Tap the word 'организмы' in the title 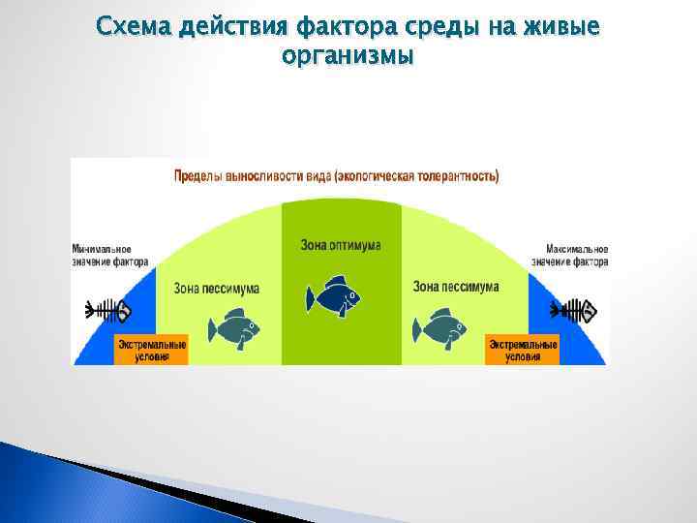pos(348,57)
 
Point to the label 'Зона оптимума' pos(341,245)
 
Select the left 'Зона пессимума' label pos(216,288)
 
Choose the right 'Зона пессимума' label pos(456,287)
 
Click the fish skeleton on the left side pos(107,311)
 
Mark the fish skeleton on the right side pos(574,311)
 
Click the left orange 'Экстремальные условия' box pos(152,350)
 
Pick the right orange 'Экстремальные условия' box pos(523,350)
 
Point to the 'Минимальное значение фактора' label pos(110,255)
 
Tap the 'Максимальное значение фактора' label pos(570,255)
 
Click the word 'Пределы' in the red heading pos(197,177)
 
